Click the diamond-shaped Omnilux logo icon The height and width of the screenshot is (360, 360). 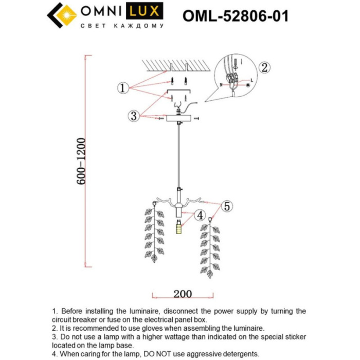pos(61,15)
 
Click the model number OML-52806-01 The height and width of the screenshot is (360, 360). pos(235,15)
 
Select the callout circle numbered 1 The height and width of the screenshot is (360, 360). pos(122,88)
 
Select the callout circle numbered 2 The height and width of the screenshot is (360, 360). pos(264,67)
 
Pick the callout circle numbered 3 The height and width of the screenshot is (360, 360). pos(134,116)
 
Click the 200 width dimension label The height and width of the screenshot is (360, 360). pos(182,294)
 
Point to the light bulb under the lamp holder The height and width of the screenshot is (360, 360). pos(178,227)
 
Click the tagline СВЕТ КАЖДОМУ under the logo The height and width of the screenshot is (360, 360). pos(123,26)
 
